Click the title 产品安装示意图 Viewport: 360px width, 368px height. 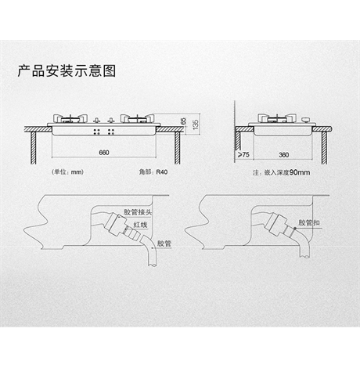(x=67, y=70)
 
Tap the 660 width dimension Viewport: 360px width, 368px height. (x=104, y=153)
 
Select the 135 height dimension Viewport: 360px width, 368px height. (x=195, y=124)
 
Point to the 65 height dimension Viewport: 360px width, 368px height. (x=183, y=121)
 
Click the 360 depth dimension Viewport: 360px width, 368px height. (x=283, y=155)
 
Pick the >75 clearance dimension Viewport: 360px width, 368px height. (x=243, y=154)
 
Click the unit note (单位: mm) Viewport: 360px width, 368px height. (x=67, y=171)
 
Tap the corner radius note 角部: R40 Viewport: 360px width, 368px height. (x=153, y=171)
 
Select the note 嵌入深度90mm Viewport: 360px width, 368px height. (x=281, y=172)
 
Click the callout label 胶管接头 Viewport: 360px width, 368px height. (x=138, y=211)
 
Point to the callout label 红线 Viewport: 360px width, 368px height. (x=140, y=225)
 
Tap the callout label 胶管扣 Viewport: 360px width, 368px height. (x=309, y=222)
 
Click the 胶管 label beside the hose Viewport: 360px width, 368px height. (x=164, y=244)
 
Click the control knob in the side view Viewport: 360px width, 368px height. (x=305, y=120)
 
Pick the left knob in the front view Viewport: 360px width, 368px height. (x=97, y=121)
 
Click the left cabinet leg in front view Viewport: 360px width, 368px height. (x=34, y=148)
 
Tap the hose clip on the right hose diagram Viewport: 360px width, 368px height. (x=294, y=229)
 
